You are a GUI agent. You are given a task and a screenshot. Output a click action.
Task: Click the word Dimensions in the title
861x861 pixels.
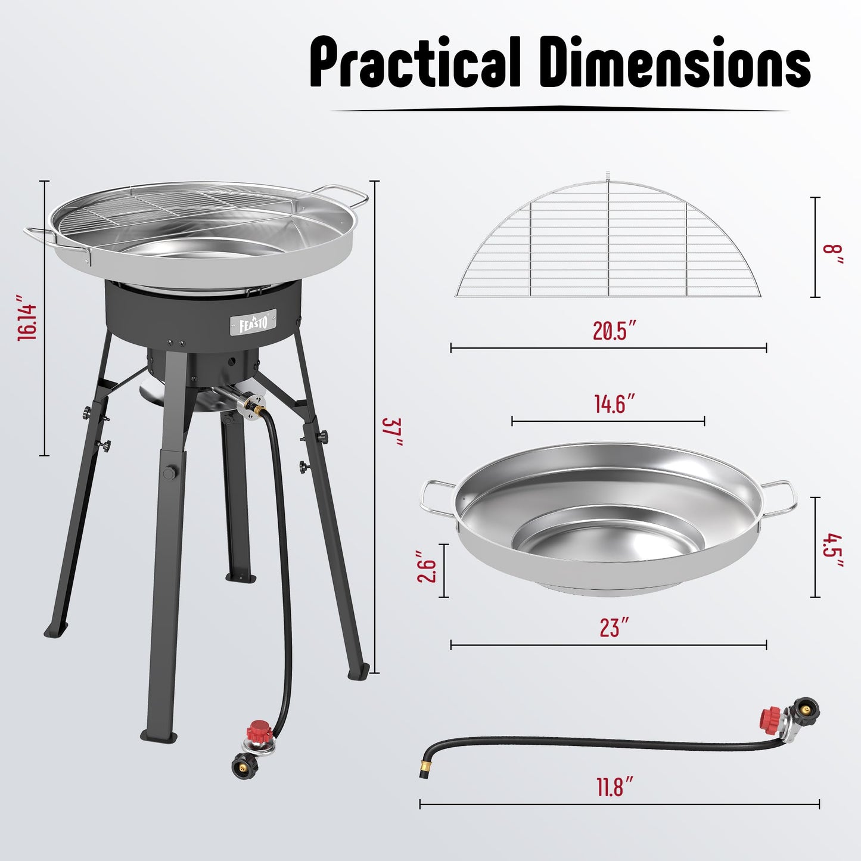(x=679, y=63)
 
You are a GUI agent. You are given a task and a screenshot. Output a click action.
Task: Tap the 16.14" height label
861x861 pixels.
(x=27, y=317)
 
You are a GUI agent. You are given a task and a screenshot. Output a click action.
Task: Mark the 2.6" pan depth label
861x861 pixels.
(x=427, y=570)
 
